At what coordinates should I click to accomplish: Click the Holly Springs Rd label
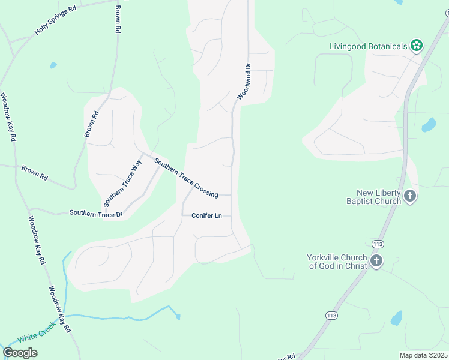coord(56,20)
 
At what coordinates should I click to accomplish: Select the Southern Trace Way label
coord(122,182)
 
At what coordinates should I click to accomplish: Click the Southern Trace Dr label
coord(96,213)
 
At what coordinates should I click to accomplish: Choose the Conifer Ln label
coord(207,215)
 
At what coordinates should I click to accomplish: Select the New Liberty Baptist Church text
coord(378,197)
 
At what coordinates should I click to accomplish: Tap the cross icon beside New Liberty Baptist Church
coord(410,196)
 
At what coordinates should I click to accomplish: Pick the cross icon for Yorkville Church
coord(376,260)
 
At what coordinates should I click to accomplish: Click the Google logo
coord(20,353)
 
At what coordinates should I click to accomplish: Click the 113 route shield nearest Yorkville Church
coord(378,244)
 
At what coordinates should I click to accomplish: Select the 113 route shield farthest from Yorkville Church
coord(331,315)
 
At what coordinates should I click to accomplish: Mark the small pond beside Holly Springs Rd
coord(53,65)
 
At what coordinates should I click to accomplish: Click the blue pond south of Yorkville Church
coord(397,318)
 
